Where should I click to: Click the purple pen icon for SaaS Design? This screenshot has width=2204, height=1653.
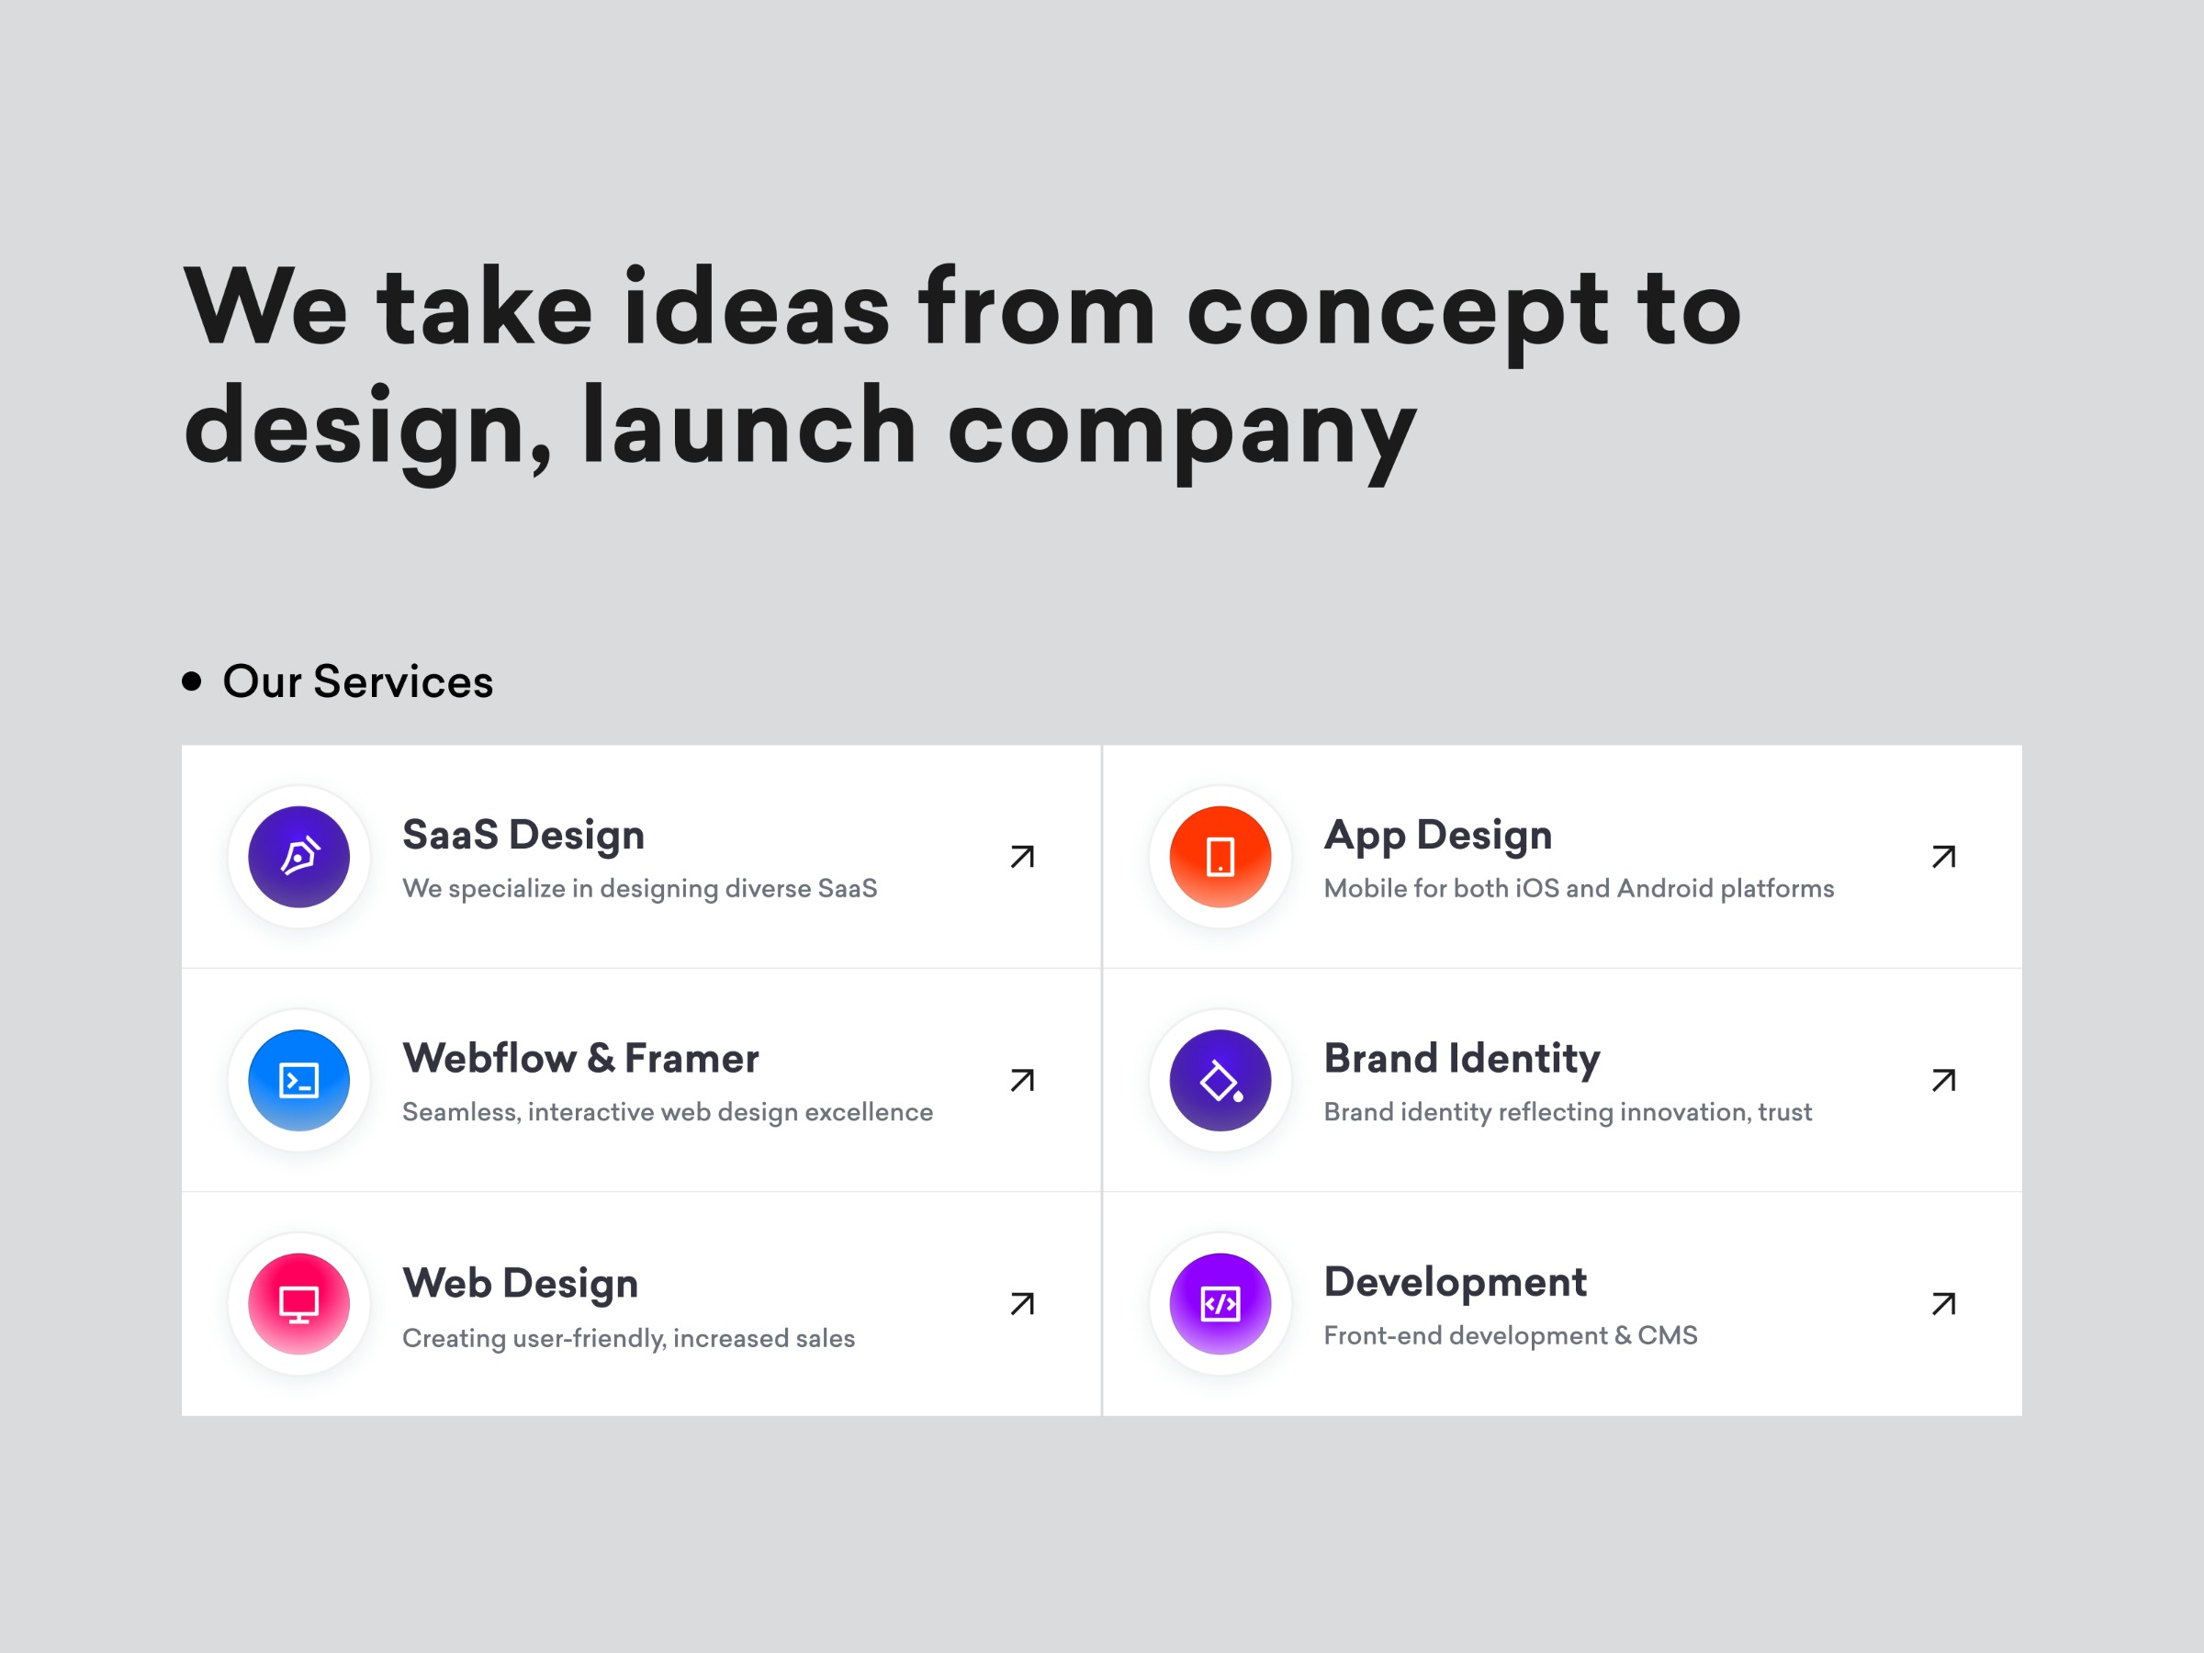point(298,857)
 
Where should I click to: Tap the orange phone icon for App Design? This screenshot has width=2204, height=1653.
point(1220,857)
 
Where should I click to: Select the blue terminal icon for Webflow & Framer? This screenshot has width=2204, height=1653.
point(298,1080)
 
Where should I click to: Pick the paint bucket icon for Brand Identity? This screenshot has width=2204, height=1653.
point(1220,1080)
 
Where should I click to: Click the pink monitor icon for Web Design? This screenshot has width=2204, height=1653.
point(298,1303)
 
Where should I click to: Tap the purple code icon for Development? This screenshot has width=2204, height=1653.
point(1220,1303)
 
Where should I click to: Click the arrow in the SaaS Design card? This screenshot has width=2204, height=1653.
point(1022,857)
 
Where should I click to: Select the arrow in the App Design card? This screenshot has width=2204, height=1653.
point(1943,857)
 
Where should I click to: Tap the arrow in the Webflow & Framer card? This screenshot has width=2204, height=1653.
point(1022,1080)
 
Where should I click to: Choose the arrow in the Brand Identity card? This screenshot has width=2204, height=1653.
point(1943,1080)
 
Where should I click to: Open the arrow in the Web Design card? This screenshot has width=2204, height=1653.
point(1022,1303)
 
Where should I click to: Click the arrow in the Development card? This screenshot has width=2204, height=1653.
point(1943,1303)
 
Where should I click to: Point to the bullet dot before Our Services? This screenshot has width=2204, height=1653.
point(192,681)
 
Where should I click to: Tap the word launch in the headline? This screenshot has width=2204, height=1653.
point(748,429)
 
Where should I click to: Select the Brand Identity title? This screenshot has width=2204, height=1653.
point(1462,1058)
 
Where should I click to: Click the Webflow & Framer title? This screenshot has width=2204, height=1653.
point(579,1058)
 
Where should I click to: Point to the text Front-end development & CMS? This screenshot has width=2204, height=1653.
point(1510,1335)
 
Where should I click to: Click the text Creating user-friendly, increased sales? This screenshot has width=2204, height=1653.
point(628,1337)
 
